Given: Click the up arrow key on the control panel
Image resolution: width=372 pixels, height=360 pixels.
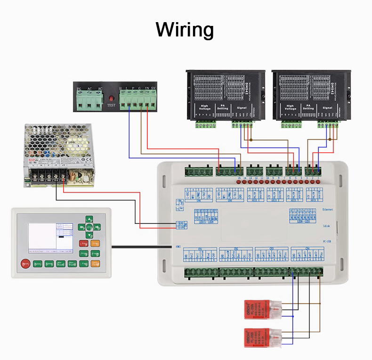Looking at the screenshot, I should [89, 219].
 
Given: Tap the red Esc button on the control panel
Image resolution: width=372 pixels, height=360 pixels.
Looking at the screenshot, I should [84, 243].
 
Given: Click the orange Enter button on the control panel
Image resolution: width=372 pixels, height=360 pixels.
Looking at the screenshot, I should [95, 243].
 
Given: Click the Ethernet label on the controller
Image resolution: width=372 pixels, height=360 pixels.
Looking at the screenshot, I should [328, 209].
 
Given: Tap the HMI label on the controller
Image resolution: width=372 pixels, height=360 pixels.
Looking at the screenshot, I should [178, 246].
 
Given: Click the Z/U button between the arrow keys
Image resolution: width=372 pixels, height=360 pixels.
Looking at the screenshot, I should [89, 227].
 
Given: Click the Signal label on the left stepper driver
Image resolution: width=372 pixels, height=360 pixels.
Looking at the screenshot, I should [242, 108].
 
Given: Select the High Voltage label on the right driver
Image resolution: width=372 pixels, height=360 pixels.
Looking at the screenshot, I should [290, 108].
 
